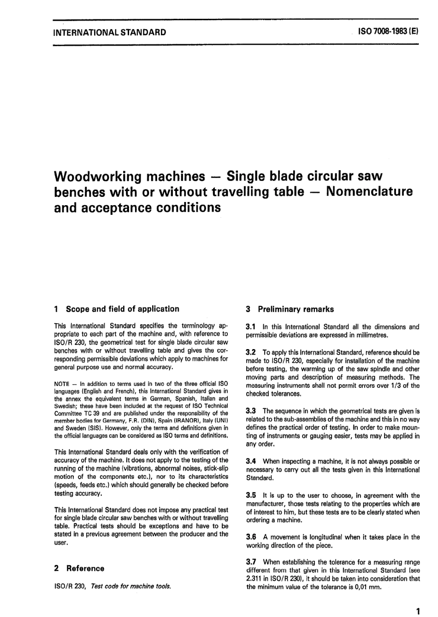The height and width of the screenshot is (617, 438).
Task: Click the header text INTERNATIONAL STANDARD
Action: (x=110, y=32)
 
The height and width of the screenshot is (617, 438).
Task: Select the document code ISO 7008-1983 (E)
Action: (x=385, y=32)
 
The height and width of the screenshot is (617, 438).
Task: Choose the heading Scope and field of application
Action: (x=122, y=309)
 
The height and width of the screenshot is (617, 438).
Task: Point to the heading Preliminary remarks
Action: (x=296, y=309)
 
